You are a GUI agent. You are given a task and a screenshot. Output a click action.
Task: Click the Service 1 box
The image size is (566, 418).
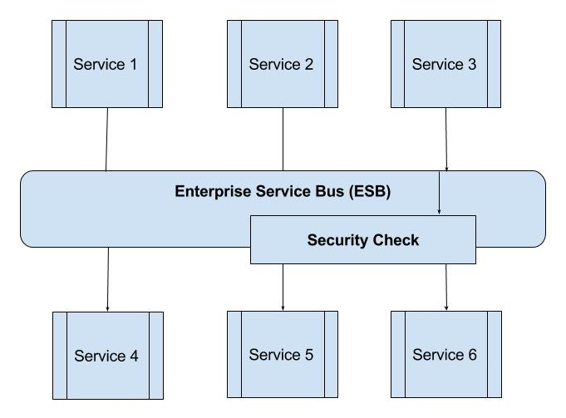click(x=106, y=64)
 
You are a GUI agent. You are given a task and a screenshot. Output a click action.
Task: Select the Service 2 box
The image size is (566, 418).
click(x=282, y=64)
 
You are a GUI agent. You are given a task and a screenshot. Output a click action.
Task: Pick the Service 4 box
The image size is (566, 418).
click(x=106, y=356)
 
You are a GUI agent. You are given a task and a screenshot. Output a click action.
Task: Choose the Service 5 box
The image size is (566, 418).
click(x=282, y=355)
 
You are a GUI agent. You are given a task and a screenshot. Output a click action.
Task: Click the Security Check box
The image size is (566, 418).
click(x=363, y=240)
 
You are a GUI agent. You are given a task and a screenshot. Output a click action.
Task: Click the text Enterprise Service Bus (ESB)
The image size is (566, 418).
click(x=283, y=191)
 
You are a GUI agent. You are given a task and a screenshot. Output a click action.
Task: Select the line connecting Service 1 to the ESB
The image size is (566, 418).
click(x=107, y=139)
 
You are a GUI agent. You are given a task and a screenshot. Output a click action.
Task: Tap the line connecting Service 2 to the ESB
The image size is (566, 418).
click(x=283, y=139)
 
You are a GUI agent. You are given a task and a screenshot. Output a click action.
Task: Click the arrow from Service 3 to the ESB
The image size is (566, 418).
click(x=446, y=139)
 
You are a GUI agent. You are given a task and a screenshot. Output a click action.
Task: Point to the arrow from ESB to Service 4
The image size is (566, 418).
click(x=107, y=278)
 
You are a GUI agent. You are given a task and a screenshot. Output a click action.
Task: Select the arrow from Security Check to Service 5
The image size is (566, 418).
click(x=283, y=287)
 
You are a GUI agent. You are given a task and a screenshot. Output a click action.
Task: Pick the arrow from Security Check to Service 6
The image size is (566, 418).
click(x=446, y=287)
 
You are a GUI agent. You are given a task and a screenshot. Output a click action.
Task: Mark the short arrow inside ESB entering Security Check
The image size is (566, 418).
click(x=439, y=194)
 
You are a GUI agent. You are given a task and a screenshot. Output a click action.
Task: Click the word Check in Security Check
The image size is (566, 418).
click(x=396, y=240)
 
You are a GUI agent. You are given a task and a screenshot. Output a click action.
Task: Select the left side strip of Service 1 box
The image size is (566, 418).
click(x=58, y=64)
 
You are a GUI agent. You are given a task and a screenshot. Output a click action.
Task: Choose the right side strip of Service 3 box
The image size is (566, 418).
click(x=494, y=64)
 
